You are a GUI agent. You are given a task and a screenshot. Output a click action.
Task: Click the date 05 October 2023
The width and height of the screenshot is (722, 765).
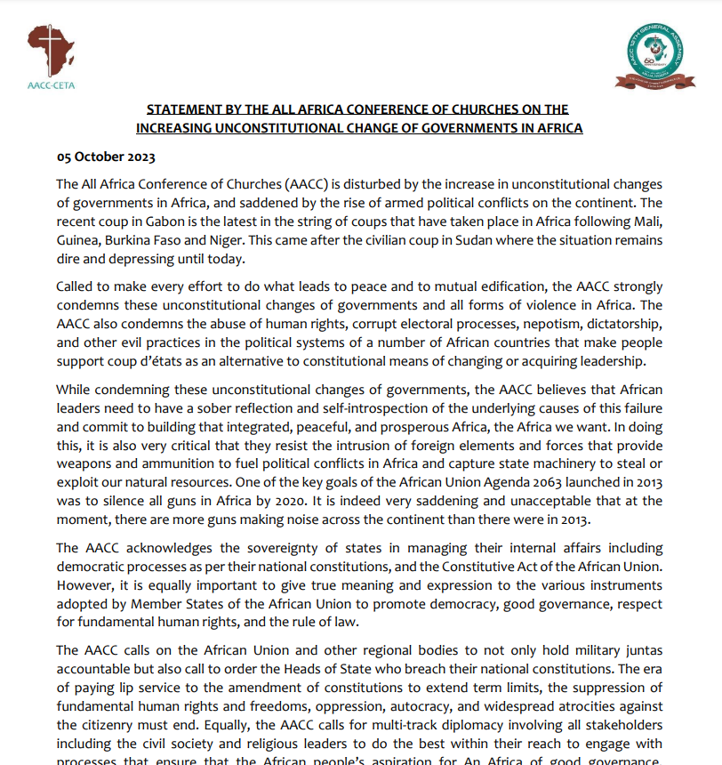[x=106, y=157]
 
